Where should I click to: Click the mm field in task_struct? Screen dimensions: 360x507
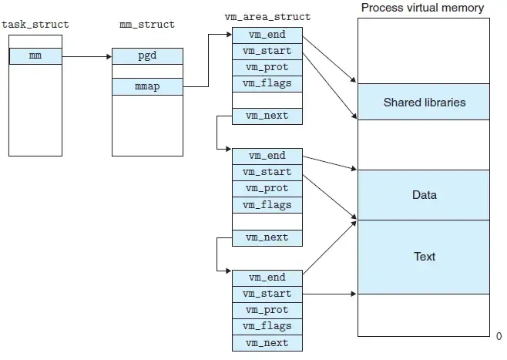[x=35, y=56]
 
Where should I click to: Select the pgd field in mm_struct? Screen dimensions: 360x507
[x=147, y=56]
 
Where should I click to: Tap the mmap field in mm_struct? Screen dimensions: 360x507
[x=147, y=87]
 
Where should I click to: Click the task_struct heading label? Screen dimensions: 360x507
[x=35, y=25]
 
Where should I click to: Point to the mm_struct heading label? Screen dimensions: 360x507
[x=147, y=25]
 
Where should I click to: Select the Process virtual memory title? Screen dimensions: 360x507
[x=423, y=8]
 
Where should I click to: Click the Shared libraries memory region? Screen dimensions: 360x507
[x=424, y=102]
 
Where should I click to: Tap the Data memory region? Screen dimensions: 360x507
[x=424, y=195]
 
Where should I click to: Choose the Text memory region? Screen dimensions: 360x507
[x=424, y=257]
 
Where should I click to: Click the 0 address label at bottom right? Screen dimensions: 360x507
[x=499, y=337]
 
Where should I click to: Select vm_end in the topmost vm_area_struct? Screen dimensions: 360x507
[x=267, y=35]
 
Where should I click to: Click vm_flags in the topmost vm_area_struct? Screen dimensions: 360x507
[x=267, y=83]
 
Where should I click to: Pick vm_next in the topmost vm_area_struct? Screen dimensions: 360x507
[x=267, y=116]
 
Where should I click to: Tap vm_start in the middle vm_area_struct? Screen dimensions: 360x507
[x=267, y=172]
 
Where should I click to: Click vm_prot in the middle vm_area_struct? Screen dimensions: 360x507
[x=267, y=188]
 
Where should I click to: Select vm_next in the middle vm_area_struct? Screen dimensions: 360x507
[x=267, y=237]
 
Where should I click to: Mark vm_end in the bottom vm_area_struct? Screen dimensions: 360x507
[x=267, y=278]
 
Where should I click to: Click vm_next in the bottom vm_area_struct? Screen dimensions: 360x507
[x=267, y=343]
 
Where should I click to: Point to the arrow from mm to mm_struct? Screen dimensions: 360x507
[x=86, y=56]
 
